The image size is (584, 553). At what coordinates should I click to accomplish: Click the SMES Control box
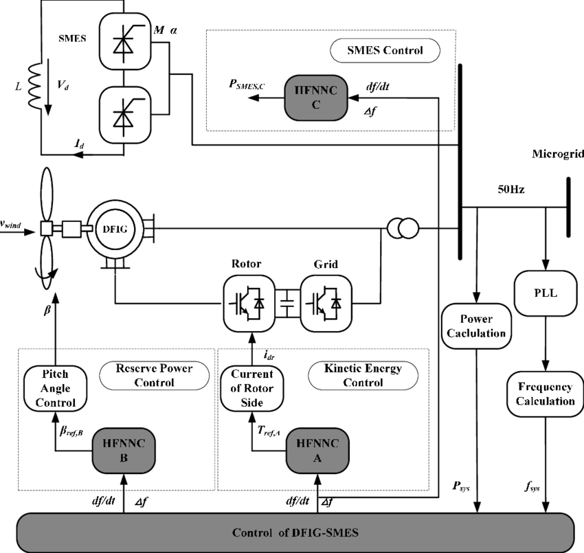click(x=385, y=51)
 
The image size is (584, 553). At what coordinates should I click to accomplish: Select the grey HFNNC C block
click(x=316, y=98)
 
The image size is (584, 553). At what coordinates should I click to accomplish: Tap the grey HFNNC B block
click(x=124, y=451)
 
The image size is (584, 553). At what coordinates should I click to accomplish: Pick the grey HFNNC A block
click(x=317, y=451)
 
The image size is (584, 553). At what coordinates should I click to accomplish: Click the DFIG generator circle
click(x=115, y=229)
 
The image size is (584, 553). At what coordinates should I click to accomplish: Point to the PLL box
click(x=546, y=294)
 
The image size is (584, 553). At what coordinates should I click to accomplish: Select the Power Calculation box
click(x=476, y=326)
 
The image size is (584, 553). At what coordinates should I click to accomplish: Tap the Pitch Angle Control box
click(x=56, y=389)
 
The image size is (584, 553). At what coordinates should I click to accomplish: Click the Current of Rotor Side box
click(x=252, y=389)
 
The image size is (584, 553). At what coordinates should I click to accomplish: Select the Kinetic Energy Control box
click(x=363, y=375)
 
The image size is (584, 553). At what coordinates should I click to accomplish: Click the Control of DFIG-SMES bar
click(x=295, y=533)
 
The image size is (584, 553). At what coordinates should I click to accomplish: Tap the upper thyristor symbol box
click(x=124, y=41)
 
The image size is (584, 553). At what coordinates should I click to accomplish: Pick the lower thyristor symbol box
click(x=124, y=115)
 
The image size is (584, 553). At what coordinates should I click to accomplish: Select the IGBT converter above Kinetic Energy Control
click(x=326, y=303)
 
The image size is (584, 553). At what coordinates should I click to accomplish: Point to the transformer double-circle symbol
click(x=403, y=229)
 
